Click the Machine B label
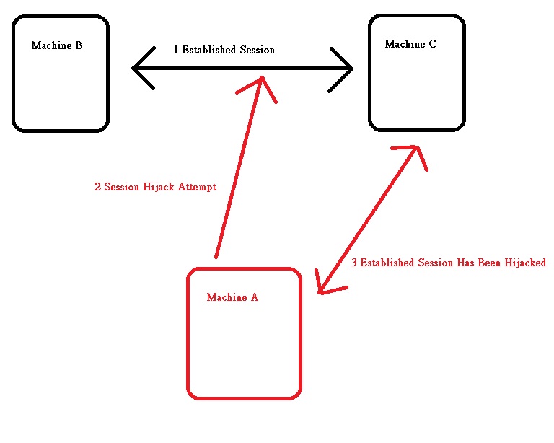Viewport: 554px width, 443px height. tap(57, 45)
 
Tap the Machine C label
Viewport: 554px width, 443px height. tap(410, 44)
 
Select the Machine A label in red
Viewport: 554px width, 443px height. tap(232, 297)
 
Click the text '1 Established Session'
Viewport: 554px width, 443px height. tap(224, 50)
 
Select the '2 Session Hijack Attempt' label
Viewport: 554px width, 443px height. tap(155, 187)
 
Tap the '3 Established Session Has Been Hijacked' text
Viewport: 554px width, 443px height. tap(448, 263)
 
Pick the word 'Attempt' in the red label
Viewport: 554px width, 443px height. tap(198, 187)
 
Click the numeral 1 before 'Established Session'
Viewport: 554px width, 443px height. tap(176, 50)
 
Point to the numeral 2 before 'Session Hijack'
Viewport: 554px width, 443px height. tap(97, 187)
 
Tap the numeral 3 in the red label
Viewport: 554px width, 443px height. tap(354, 263)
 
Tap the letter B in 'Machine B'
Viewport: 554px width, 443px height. tap(79, 45)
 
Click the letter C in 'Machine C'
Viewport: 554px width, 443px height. tap(432, 44)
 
